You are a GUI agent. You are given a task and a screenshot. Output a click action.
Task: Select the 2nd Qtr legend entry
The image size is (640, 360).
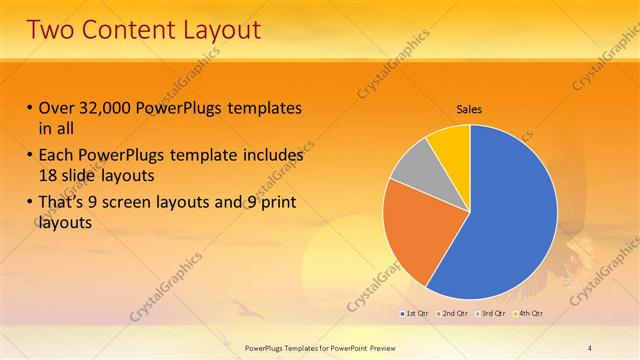pyautogui.click(x=451, y=313)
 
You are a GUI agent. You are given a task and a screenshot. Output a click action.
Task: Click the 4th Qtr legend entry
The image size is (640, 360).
pyautogui.click(x=527, y=313)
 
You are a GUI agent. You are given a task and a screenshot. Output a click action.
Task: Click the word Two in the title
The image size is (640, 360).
pyautogui.click(x=52, y=29)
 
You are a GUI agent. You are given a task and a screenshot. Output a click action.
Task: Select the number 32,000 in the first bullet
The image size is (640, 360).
pyautogui.click(x=105, y=108)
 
